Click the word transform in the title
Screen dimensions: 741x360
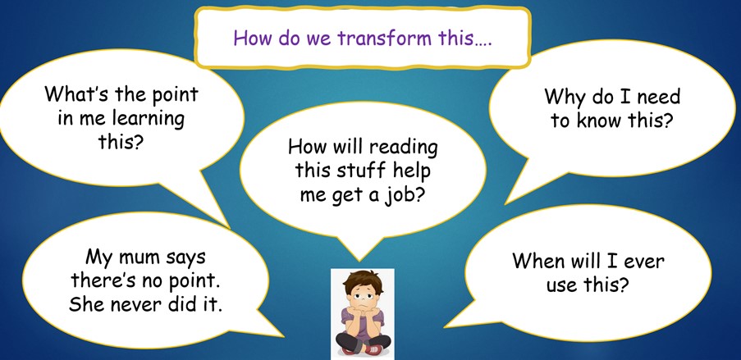tap(384, 38)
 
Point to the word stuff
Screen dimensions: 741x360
tap(357, 171)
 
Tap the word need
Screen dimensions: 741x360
tap(658, 97)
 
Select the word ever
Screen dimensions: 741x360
tap(643, 261)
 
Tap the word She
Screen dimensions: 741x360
tap(85, 305)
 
